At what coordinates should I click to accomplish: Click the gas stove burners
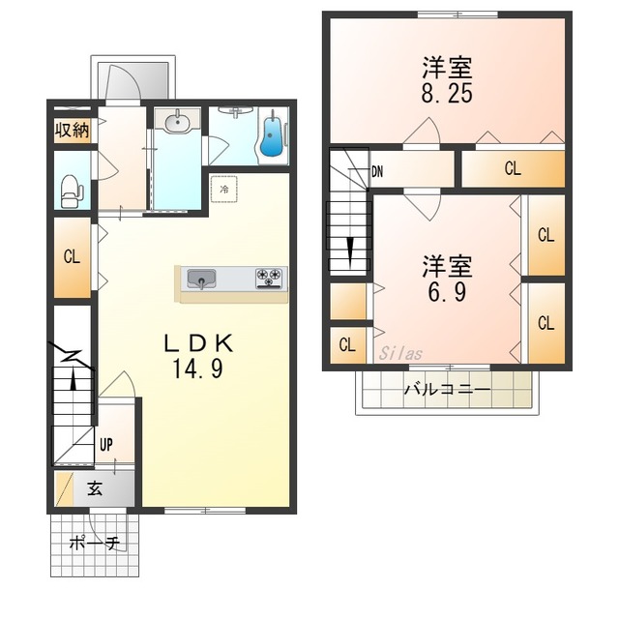(x=269, y=279)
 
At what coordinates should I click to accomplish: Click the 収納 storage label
(x=72, y=131)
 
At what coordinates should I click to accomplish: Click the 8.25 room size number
(x=446, y=95)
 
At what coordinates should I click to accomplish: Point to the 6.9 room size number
(x=446, y=290)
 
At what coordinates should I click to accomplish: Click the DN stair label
(x=378, y=172)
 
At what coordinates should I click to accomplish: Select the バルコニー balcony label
(x=446, y=391)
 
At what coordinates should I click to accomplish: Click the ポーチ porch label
(x=94, y=544)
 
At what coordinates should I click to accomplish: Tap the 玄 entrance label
(x=96, y=488)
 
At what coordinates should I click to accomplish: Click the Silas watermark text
(x=401, y=353)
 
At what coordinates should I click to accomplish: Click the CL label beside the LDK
(x=71, y=257)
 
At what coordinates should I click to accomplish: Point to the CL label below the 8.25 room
(x=513, y=169)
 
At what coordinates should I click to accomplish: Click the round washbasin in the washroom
(x=177, y=123)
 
